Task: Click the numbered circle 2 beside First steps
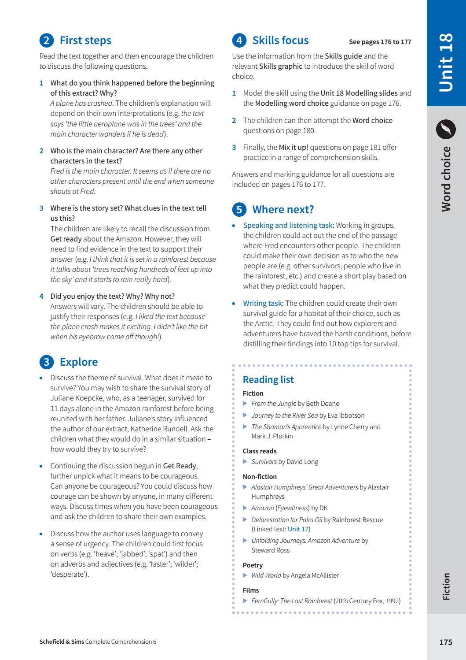46,41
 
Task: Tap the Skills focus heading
280,41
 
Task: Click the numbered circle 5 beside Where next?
239,209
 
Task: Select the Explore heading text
78,362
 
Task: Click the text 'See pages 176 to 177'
380,42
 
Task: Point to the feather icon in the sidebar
446,129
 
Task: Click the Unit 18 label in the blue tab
446,63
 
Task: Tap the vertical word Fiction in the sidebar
446,586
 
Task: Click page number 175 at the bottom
445,642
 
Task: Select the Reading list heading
268,379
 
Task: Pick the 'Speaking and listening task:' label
288,225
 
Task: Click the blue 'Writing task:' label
263,303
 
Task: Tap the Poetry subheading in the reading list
253,565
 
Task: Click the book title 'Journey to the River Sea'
284,415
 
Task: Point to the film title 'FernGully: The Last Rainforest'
291,601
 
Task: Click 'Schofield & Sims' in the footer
62,642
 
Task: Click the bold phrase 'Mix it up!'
293,147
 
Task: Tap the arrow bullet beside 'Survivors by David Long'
245,462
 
